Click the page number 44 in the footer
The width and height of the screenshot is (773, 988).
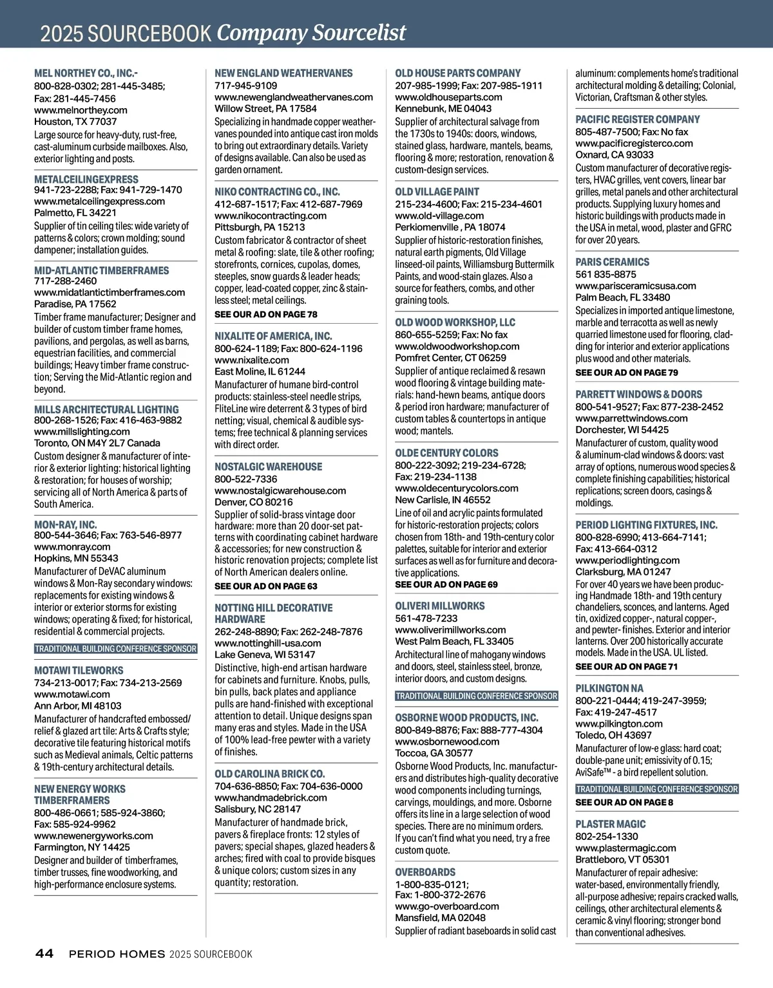click(44, 954)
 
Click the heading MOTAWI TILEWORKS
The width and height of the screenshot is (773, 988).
click(79, 670)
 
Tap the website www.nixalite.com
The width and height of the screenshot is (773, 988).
click(252, 360)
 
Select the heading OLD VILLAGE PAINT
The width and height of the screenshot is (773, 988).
click(437, 192)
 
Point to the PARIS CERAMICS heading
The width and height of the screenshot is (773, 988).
click(613, 262)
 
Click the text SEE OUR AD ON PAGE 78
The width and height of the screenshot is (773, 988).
click(266, 315)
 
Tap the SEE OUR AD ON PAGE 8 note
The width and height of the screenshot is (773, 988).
click(624, 803)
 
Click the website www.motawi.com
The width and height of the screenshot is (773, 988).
click(72, 694)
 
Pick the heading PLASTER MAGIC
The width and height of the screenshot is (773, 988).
click(611, 824)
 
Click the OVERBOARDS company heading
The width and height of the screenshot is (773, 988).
click(425, 872)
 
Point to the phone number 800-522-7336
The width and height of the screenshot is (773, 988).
click(246, 479)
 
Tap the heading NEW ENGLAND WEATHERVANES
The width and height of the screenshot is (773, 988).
click(284, 73)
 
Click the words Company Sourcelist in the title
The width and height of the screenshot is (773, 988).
click(312, 32)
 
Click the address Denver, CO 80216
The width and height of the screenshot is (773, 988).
click(254, 502)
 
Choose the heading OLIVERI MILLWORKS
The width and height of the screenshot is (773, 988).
click(440, 606)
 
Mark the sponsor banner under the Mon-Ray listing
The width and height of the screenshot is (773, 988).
click(116, 649)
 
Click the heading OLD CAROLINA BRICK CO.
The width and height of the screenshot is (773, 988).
click(270, 774)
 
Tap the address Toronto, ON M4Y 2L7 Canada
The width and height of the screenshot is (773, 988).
click(97, 443)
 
